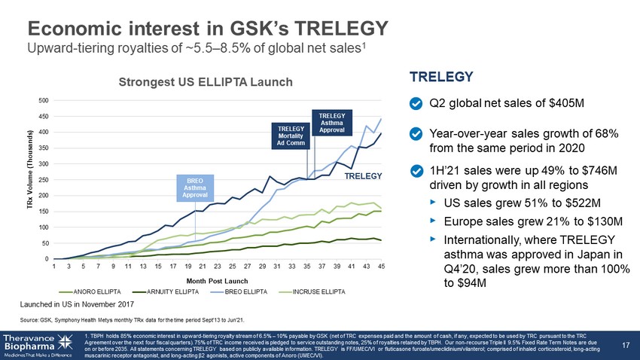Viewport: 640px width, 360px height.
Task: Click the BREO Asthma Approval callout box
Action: coord(194,188)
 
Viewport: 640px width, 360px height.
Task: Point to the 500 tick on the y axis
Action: coord(43,100)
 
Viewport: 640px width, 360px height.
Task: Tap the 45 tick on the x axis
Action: coord(381,266)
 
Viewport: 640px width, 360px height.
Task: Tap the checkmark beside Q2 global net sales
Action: coord(415,102)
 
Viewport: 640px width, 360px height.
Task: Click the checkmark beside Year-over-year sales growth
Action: coord(415,133)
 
